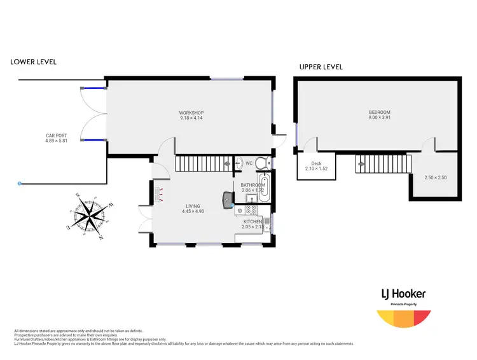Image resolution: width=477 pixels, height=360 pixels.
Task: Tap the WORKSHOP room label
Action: pos(191,113)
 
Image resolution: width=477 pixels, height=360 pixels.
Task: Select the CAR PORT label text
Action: pos(56,135)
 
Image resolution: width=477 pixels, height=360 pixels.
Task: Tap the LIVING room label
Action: pos(193,206)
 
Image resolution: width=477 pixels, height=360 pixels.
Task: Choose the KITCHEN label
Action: pos(252,221)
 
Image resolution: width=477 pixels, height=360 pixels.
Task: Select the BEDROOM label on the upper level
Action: pos(380,113)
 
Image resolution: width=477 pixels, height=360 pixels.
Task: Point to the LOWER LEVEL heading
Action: pos(33,62)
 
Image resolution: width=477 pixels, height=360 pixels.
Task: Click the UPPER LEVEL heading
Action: pos(321,67)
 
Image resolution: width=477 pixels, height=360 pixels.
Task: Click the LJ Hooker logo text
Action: pos(403,294)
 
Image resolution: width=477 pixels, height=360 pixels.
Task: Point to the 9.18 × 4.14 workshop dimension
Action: pos(191,118)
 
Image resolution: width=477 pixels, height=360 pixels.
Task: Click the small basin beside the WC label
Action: pos(238,162)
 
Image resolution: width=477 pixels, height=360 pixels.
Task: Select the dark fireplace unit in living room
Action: pos(227,200)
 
